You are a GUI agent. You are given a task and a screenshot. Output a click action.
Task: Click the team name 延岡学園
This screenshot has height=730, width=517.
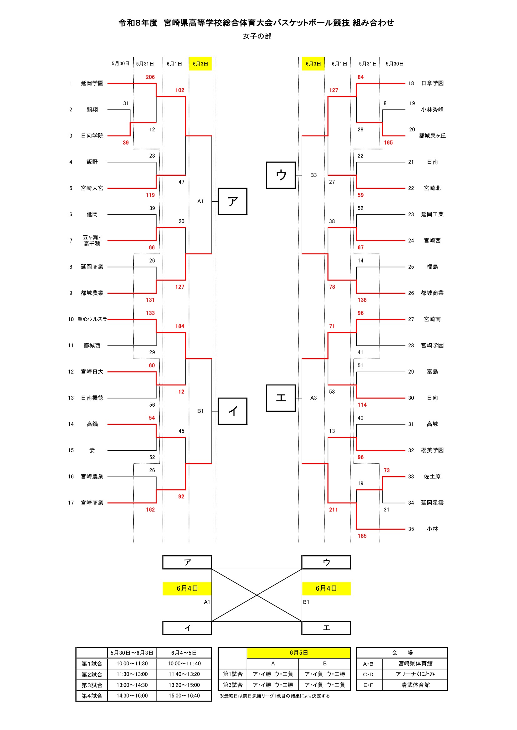click(x=92, y=83)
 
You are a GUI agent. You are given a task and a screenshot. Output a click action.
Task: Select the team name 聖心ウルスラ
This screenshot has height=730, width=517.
click(x=92, y=319)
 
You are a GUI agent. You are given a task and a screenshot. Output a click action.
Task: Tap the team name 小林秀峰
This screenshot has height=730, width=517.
click(x=432, y=110)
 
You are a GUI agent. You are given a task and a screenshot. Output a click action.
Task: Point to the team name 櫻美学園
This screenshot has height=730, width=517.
click(x=432, y=450)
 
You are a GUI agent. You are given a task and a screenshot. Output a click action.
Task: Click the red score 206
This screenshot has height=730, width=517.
click(x=150, y=77)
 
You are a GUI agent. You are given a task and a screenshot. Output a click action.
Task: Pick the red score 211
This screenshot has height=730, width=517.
click(x=334, y=510)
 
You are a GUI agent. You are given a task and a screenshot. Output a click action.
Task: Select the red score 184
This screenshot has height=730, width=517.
click(x=180, y=326)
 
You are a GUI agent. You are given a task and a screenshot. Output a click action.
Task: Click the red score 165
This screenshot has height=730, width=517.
click(x=389, y=143)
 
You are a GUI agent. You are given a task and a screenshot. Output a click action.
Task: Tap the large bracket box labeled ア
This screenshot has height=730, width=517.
click(x=232, y=201)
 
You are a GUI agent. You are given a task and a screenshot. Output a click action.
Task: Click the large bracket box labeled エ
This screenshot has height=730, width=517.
click(x=281, y=398)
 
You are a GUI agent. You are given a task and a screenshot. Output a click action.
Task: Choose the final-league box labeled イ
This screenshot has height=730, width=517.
click(x=187, y=628)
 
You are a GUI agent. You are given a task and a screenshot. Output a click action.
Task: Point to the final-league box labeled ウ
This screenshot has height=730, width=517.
click(x=326, y=562)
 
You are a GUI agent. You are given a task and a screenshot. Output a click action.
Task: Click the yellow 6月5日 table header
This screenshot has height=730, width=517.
click(x=299, y=653)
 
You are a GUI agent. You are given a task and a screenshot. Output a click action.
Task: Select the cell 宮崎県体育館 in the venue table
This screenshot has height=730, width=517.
click(x=415, y=664)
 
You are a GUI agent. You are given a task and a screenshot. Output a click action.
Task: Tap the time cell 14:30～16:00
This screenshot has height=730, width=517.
click(x=132, y=696)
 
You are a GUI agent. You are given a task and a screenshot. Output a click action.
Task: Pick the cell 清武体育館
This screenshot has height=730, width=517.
click(x=415, y=685)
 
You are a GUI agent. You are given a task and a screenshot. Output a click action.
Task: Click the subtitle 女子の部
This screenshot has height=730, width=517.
click(x=257, y=36)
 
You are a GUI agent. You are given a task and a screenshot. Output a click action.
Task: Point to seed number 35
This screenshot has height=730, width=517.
click(x=411, y=529)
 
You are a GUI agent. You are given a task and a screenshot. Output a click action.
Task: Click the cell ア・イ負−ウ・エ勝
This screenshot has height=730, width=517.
click(x=325, y=674)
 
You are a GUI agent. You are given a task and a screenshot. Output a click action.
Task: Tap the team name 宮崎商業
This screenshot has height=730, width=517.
click(x=92, y=503)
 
